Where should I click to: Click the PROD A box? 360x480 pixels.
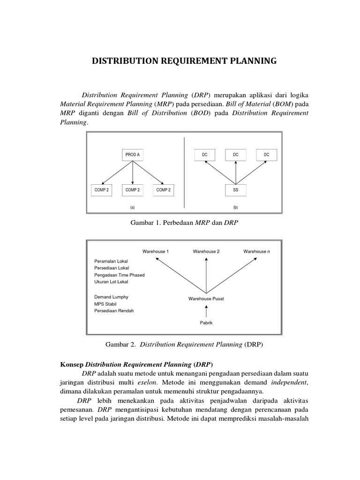tap(133, 155)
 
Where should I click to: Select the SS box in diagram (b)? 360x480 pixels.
tap(235, 190)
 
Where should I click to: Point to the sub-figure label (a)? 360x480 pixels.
tap(133, 207)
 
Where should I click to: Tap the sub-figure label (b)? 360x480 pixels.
tap(235, 207)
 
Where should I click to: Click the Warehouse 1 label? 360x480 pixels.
tap(156, 251)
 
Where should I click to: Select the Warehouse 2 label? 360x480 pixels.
tap(206, 251)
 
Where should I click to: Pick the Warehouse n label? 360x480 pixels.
tap(256, 251)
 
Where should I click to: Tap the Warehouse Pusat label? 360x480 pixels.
tap(206, 299)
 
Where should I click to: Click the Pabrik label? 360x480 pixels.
tap(206, 322)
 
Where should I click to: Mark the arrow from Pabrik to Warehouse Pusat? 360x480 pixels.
tap(206, 310)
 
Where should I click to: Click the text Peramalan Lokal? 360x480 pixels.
tap(111, 261)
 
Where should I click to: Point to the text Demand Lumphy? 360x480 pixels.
tap(111, 297)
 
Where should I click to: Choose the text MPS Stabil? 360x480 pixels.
tap(105, 304)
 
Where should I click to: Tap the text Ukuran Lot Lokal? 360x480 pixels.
tap(111, 282)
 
